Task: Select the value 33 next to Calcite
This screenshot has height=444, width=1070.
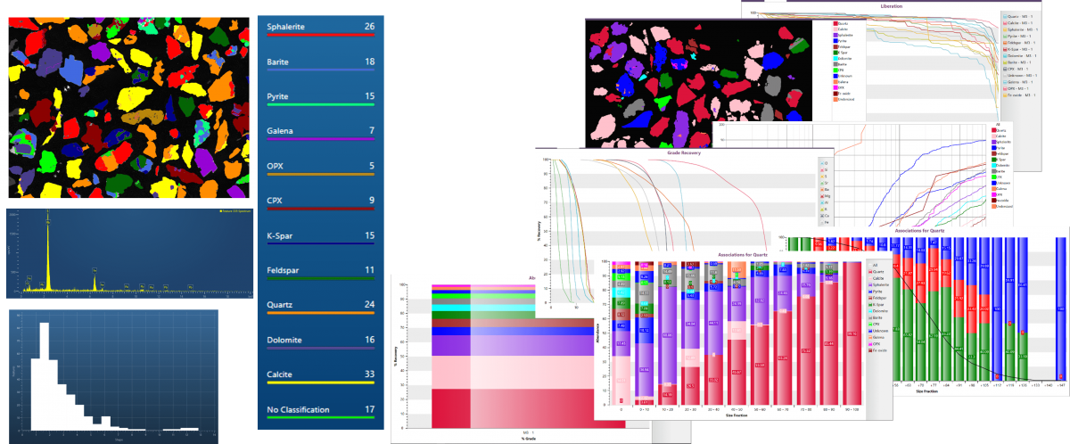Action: [x=368, y=374]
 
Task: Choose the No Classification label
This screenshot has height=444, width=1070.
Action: [x=299, y=409]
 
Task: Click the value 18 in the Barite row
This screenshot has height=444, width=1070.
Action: [x=368, y=62]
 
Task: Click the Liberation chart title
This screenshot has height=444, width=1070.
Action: [x=892, y=5]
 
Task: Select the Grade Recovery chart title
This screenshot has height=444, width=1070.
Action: [x=685, y=153]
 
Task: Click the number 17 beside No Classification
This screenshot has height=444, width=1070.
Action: [x=368, y=409]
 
